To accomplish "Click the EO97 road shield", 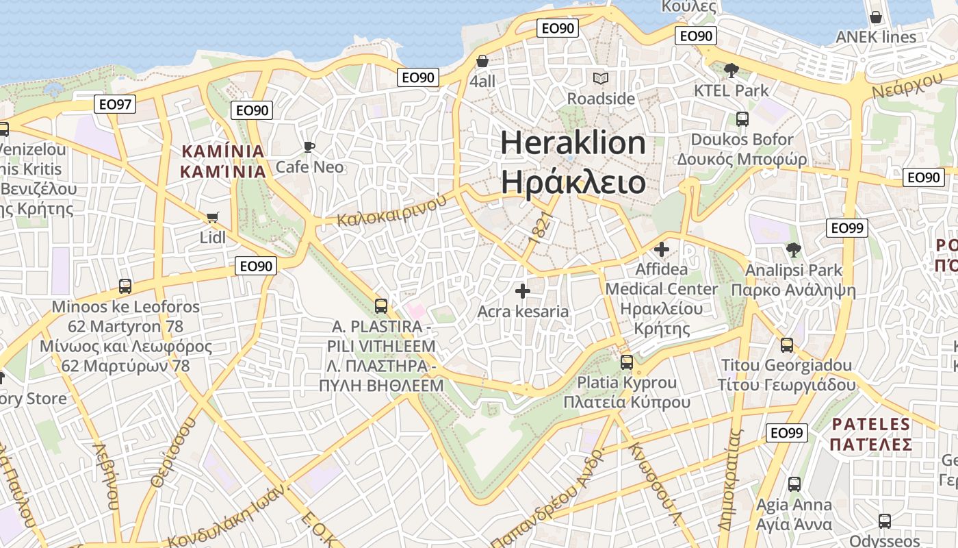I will (x=115, y=104).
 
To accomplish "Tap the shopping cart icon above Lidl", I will (x=212, y=218).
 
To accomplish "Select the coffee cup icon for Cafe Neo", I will (x=309, y=146).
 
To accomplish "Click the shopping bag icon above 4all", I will (x=482, y=61).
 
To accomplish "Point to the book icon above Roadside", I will (x=601, y=78).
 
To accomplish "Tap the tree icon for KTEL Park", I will (x=731, y=70).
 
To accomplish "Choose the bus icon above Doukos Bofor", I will (x=742, y=119).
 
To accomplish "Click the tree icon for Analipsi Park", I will (x=793, y=250).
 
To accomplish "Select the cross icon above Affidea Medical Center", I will (x=661, y=249).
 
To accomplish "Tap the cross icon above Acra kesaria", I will (x=523, y=291).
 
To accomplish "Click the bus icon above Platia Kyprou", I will (x=627, y=362).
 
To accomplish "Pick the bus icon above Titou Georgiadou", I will (x=787, y=345).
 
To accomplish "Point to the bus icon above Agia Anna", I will (x=794, y=484).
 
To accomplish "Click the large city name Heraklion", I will (x=573, y=143).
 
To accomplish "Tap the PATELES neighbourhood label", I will (x=871, y=424).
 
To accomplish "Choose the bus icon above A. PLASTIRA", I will (x=381, y=306).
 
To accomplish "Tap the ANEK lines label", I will (x=875, y=37).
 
